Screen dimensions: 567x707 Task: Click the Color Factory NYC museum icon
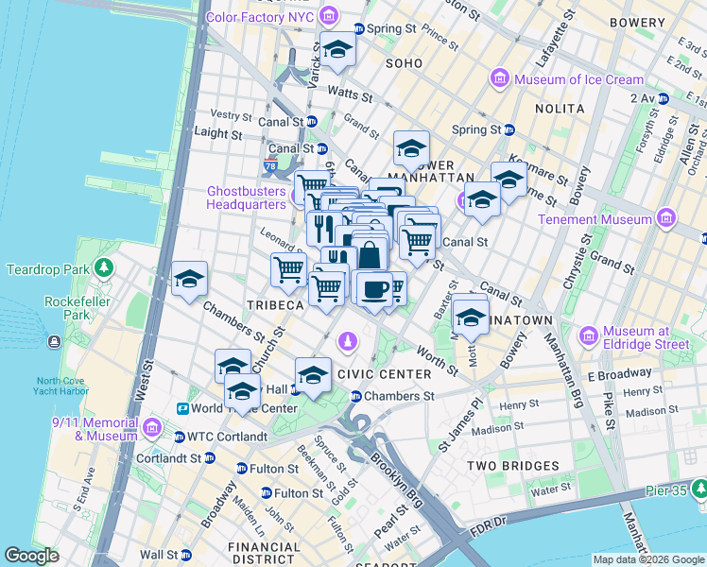point(328,16)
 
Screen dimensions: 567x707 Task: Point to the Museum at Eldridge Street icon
point(588,336)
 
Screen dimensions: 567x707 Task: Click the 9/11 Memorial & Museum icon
point(151,430)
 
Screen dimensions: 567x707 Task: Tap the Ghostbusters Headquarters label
point(246,197)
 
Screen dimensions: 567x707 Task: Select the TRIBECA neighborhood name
point(275,305)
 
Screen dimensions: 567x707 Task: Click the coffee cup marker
point(374,288)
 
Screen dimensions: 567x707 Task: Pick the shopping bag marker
point(371,255)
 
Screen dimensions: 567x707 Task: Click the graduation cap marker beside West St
point(189,279)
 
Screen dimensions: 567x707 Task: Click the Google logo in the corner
point(31,556)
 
